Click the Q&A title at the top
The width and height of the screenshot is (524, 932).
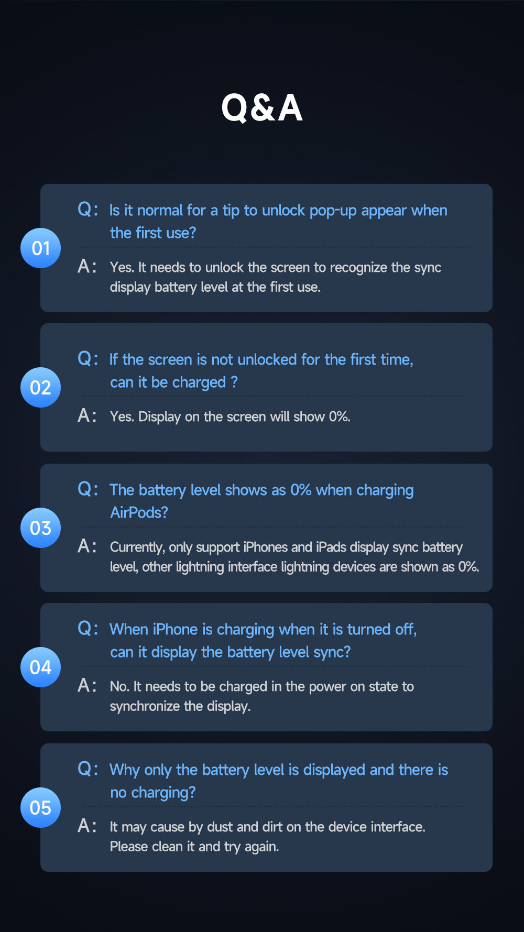point(262,108)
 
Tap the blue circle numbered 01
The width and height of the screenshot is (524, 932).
point(40,248)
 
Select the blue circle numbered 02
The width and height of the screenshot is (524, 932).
point(40,388)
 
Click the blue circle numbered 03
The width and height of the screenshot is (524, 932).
point(40,528)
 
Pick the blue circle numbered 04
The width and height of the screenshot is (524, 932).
point(40,667)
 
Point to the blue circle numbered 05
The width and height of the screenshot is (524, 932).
point(40,808)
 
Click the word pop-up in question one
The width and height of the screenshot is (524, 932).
point(333,211)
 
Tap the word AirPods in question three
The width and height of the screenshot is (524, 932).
point(139,512)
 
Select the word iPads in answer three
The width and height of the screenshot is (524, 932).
point(331,547)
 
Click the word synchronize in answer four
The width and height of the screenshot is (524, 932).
point(145,707)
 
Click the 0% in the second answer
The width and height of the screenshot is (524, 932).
point(340,417)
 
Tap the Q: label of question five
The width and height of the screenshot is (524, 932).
point(88,769)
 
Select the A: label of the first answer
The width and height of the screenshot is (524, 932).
point(88,267)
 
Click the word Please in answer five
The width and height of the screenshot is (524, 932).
point(129,847)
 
